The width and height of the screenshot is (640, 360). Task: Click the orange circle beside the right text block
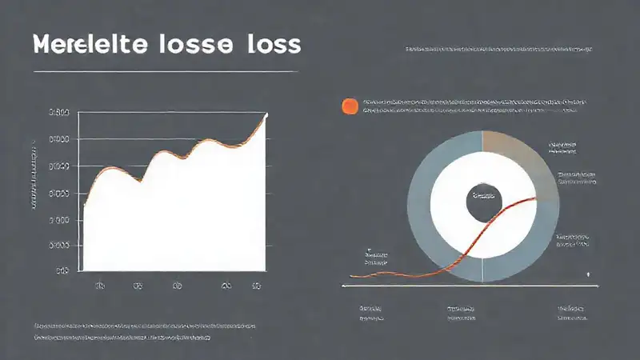click(x=350, y=106)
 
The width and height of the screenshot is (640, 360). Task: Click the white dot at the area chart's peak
click(x=266, y=116)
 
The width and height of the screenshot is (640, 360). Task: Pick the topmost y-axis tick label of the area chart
click(x=58, y=114)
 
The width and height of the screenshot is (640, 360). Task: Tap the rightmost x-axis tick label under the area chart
click(x=257, y=285)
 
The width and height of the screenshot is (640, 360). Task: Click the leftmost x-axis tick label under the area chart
click(x=101, y=285)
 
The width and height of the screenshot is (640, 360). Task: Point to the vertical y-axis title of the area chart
click(x=34, y=176)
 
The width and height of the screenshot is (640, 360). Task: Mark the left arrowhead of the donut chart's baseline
click(x=344, y=285)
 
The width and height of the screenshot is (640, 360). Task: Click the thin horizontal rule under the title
click(x=166, y=72)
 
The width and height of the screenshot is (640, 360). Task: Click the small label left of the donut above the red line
click(x=375, y=256)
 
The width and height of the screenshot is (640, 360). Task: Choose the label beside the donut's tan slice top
click(x=564, y=146)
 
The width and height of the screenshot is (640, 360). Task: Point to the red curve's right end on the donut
click(x=534, y=198)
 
